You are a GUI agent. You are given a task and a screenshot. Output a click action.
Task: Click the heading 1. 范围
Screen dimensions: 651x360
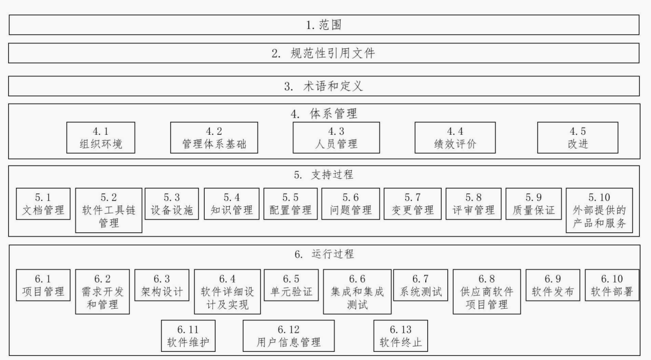click(324, 25)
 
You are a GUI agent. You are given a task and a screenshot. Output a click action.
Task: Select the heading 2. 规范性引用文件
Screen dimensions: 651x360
click(323, 53)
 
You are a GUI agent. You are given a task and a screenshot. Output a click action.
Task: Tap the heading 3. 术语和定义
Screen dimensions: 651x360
click(324, 86)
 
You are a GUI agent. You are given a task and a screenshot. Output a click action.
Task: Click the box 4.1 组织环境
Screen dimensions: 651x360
click(101, 137)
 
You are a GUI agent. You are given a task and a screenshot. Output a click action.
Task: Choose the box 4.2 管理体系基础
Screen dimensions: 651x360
click(214, 137)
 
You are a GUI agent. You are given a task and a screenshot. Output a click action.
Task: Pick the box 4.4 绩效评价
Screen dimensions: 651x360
click(455, 137)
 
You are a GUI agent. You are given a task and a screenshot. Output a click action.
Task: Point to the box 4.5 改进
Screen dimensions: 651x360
click(578, 137)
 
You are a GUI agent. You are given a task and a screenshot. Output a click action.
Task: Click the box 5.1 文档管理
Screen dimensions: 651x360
click(43, 204)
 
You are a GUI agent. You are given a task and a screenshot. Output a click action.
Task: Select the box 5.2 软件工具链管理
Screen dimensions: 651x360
click(109, 210)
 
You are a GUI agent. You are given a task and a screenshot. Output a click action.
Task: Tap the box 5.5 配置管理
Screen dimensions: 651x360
click(291, 204)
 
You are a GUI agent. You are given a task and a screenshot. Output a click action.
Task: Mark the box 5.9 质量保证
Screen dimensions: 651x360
click(534, 204)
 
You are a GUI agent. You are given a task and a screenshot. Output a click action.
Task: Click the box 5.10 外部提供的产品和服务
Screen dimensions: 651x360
click(599, 210)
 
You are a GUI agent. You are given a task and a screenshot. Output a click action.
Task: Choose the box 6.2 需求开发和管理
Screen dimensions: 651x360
click(102, 292)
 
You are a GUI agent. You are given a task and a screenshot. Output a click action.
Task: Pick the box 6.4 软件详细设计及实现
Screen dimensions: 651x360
click(227, 292)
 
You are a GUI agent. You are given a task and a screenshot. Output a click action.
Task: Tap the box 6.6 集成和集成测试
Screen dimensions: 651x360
click(357, 292)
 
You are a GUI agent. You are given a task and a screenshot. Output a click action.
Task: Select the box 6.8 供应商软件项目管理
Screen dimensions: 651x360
click(487, 292)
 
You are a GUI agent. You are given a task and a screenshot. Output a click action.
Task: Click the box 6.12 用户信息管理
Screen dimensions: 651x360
click(289, 336)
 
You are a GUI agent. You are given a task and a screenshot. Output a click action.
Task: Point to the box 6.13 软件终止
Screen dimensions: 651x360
click(401, 336)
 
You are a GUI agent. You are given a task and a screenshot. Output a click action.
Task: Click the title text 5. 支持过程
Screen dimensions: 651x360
click(324, 175)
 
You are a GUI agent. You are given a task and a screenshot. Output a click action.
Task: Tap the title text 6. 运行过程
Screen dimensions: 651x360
click(324, 254)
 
